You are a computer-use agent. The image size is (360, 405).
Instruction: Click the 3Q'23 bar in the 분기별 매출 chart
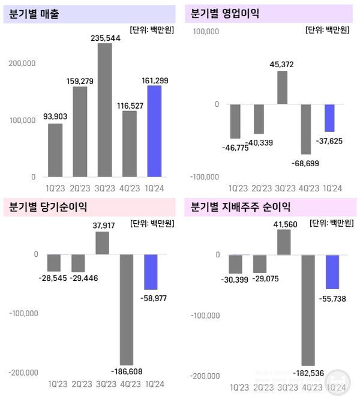[104, 110]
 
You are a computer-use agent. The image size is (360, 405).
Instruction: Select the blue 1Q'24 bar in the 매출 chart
[154, 131]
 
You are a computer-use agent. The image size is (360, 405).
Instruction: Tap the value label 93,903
[55, 117]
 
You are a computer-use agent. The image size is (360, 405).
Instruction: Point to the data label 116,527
[129, 104]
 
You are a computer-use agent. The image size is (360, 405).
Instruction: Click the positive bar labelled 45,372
[282, 88]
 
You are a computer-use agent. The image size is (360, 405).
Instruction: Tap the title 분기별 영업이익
[224, 13]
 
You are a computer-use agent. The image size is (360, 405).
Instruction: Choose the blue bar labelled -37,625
[329, 118]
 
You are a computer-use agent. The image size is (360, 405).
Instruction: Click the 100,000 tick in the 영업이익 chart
[205, 31]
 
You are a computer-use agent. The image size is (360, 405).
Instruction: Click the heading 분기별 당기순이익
[48, 208]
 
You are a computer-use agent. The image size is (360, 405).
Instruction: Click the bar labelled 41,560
[284, 242]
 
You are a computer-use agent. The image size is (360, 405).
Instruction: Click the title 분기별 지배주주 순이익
[240, 208]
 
